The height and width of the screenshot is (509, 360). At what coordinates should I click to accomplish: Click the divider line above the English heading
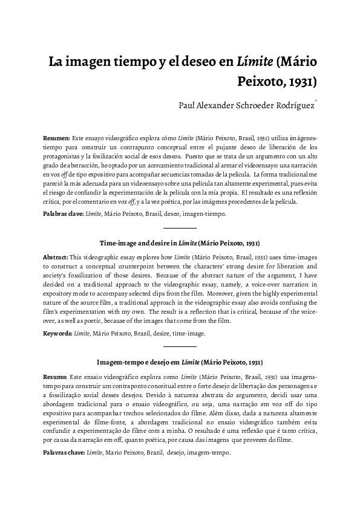(180, 228)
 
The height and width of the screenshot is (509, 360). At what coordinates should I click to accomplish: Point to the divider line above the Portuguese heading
(180, 346)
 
